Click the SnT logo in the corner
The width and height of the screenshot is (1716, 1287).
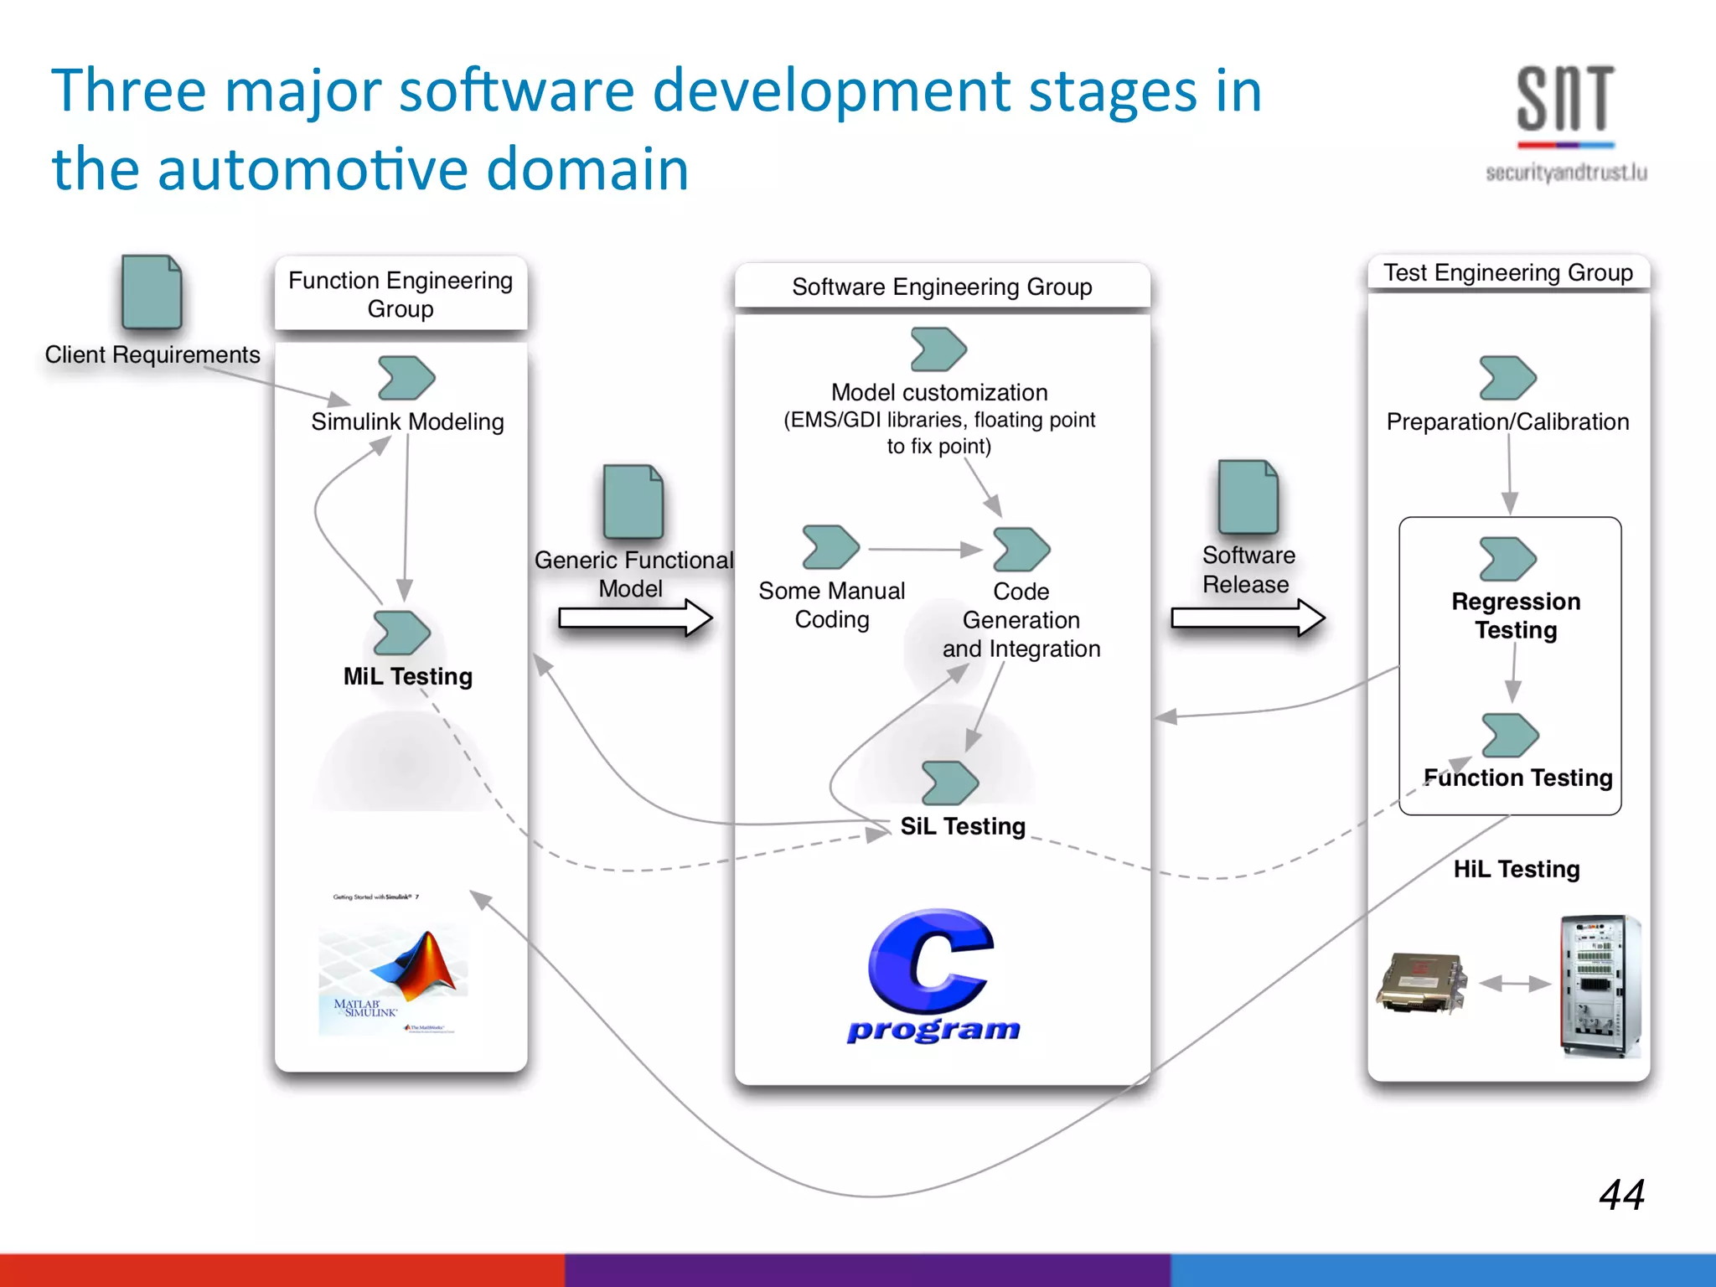tap(1565, 121)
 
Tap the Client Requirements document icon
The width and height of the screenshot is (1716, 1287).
tap(152, 292)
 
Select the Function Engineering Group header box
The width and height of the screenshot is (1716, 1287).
tap(401, 294)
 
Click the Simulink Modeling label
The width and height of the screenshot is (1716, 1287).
tap(407, 421)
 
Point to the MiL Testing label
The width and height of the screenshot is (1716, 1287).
tap(408, 676)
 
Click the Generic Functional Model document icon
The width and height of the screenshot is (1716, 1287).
tap(633, 502)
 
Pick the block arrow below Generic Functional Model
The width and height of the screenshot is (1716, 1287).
tap(635, 618)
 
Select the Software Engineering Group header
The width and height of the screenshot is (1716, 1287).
tap(942, 287)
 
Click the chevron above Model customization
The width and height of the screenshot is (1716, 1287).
tap(938, 349)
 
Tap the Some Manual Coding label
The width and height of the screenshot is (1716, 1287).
tap(831, 605)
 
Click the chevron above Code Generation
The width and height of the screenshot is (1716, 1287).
tap(1021, 550)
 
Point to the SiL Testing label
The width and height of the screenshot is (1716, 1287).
tap(963, 826)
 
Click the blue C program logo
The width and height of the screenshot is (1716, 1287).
tap(933, 976)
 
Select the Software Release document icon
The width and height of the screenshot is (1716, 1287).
tap(1248, 498)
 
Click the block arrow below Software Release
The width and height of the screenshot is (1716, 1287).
tap(1248, 618)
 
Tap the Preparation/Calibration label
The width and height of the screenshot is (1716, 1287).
tap(1507, 421)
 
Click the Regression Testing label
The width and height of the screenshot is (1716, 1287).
tap(1516, 616)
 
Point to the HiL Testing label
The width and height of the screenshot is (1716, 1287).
tap(1517, 869)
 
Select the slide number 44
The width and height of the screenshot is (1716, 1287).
tap(1621, 1194)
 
